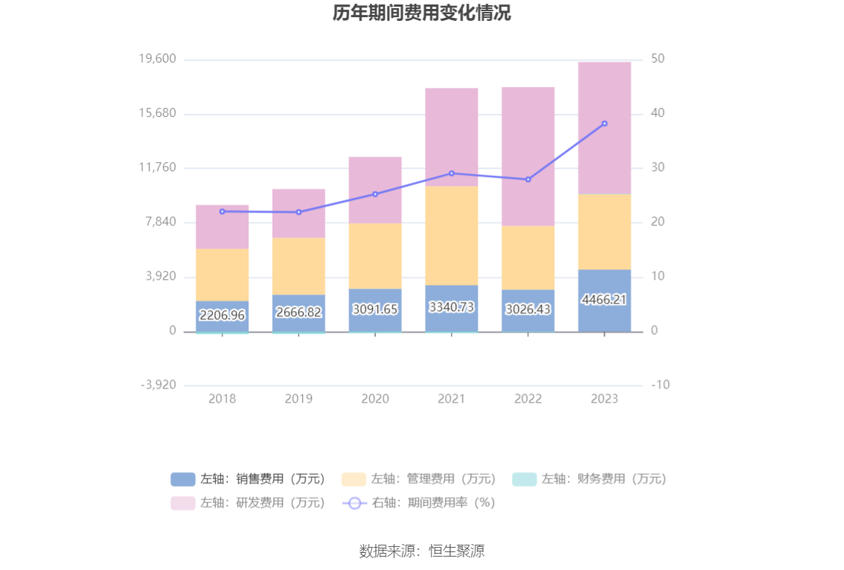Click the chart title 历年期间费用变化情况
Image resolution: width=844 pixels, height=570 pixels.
click(421, 13)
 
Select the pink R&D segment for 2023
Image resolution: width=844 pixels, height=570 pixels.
click(604, 128)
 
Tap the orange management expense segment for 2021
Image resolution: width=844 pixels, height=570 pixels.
click(452, 235)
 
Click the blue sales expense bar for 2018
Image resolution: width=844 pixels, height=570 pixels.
click(223, 316)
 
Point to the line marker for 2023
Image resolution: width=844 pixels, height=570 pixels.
click(604, 124)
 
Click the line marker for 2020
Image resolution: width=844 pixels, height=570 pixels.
click(375, 194)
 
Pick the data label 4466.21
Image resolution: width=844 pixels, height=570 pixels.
click(604, 299)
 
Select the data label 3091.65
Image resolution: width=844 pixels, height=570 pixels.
click(375, 309)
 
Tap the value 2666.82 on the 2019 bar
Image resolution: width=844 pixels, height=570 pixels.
click(298, 313)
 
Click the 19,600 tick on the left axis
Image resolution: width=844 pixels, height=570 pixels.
click(158, 60)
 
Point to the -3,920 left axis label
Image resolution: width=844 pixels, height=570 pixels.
click(158, 385)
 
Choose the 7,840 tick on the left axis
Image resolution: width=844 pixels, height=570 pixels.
click(161, 222)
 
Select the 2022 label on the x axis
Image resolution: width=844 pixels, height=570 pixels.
click(528, 399)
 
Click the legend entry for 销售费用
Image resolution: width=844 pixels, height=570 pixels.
click(249, 479)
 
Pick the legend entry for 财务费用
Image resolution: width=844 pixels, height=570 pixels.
click(590, 479)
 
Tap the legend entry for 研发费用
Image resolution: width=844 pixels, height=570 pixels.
click(249, 503)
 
